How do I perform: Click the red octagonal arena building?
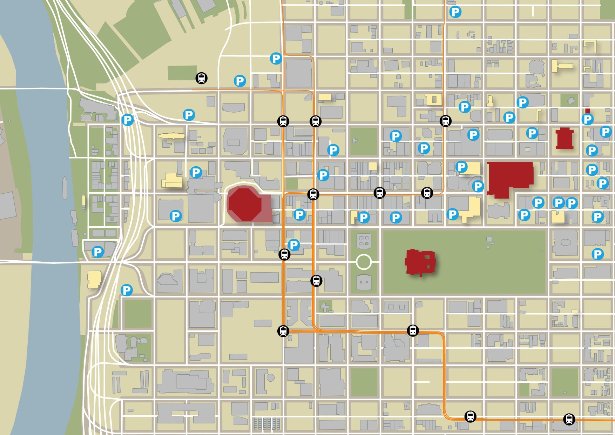coord(245,205)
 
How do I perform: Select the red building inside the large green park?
coord(420,262)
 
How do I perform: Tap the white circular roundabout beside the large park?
coord(364,262)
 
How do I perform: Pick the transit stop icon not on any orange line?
coord(201,78)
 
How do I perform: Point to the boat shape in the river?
coord(65,188)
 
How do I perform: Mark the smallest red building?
coord(588,111)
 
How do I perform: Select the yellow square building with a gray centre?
coord(434,100)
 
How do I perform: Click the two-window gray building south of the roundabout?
coord(364,282)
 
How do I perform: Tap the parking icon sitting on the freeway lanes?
coord(128,120)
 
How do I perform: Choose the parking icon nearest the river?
coord(97,252)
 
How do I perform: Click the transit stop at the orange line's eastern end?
coord(569,419)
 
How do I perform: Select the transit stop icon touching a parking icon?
coord(284,254)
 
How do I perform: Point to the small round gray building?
coord(270,378)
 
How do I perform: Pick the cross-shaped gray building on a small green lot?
coord(325,307)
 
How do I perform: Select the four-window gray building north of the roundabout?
coord(364,241)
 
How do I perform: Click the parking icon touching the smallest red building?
coord(587,120)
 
